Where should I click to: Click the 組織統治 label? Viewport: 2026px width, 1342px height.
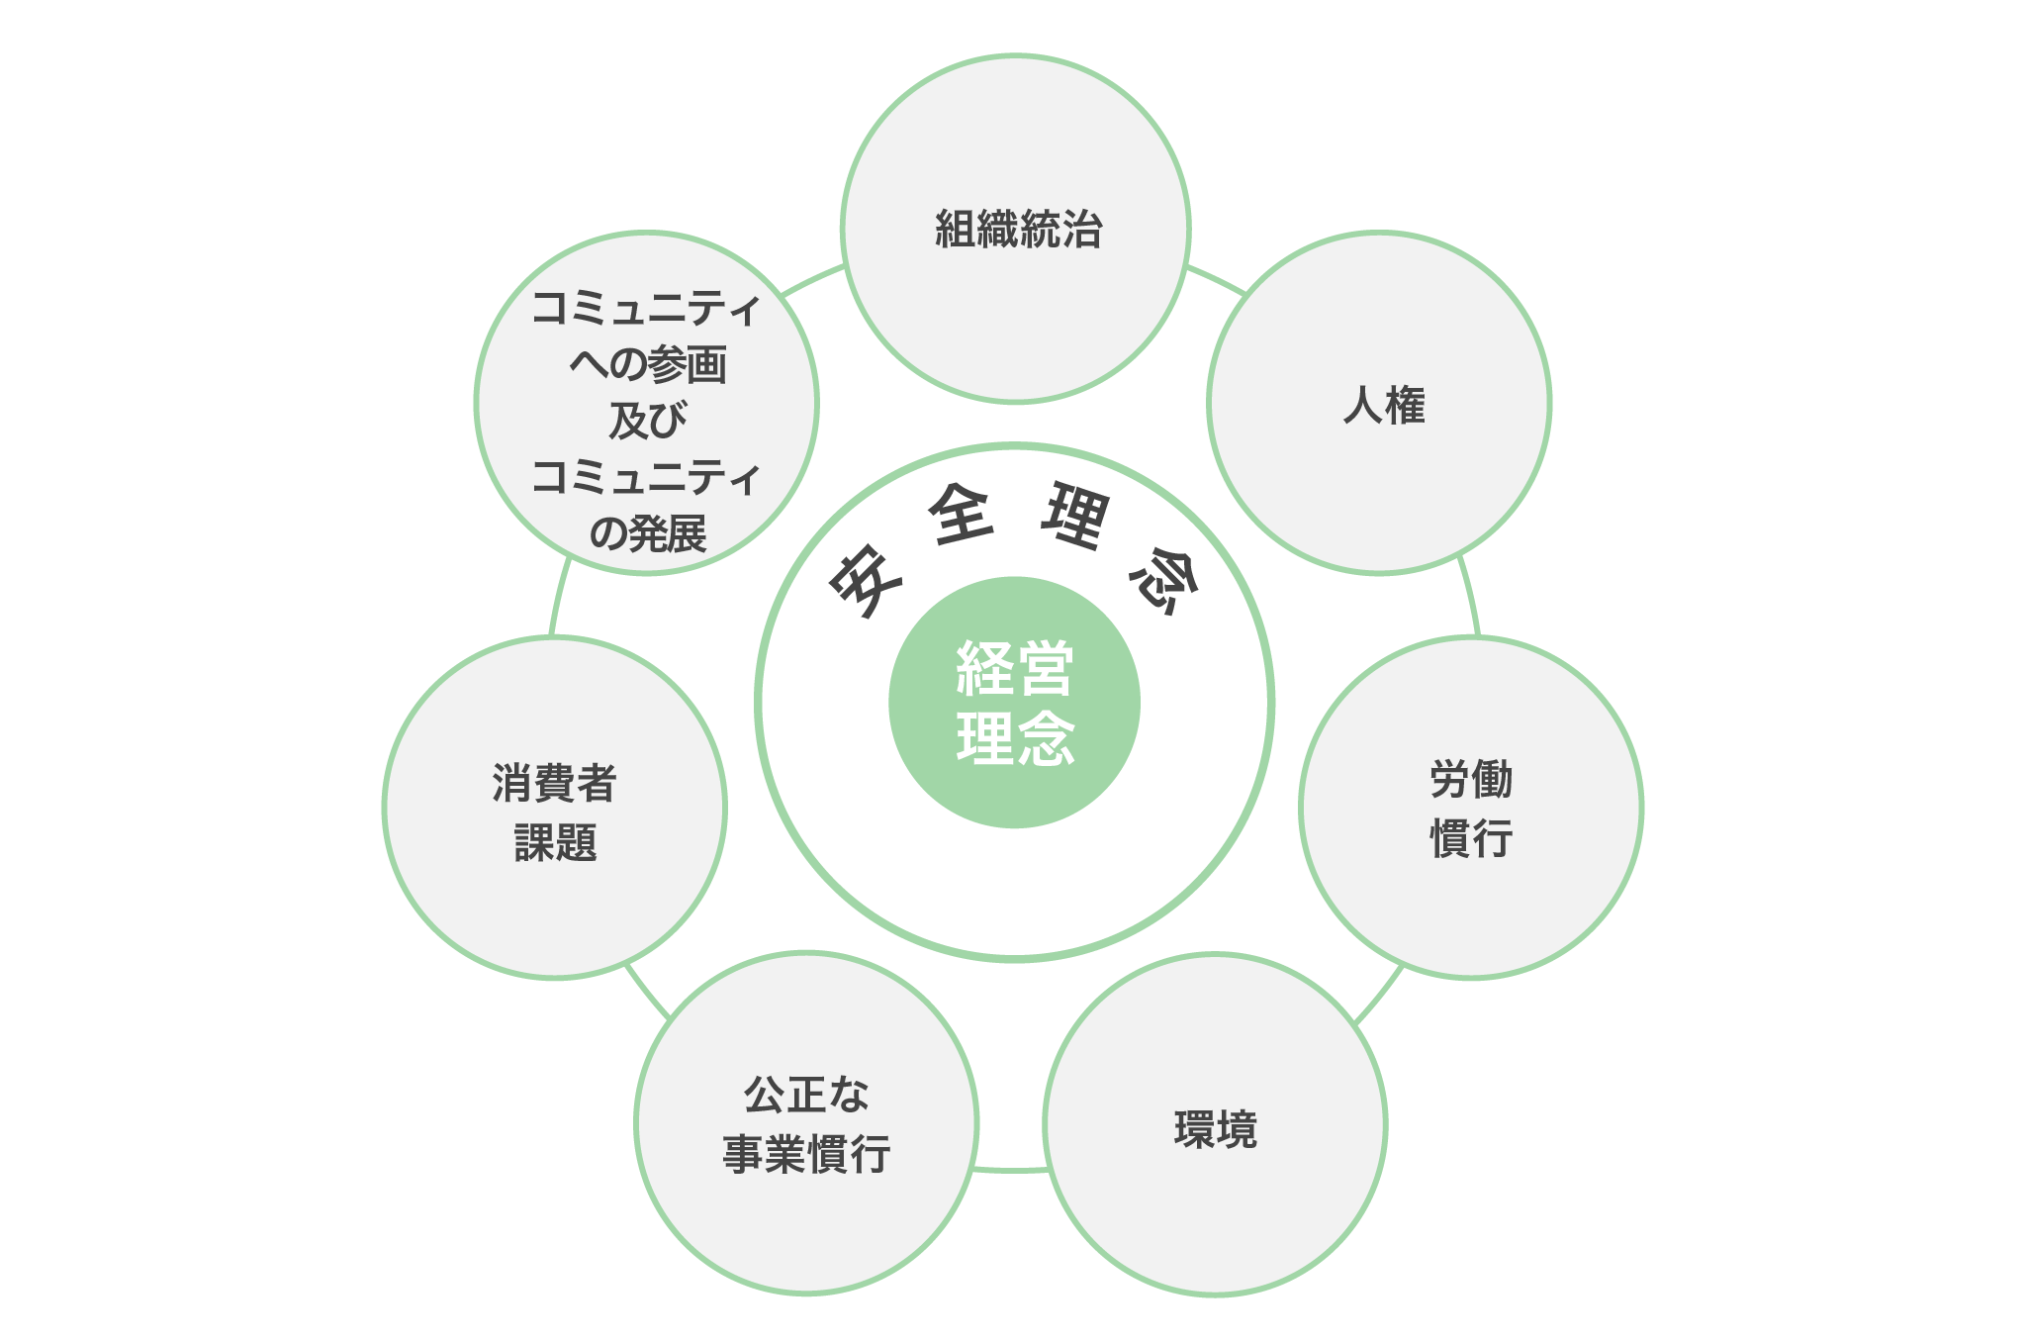tap(1018, 229)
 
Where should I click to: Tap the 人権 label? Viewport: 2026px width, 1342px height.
tap(1384, 406)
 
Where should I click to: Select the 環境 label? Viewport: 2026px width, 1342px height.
tap(1216, 1129)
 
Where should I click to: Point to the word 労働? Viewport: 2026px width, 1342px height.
tap(1471, 780)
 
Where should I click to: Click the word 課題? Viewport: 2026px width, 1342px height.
tap(555, 842)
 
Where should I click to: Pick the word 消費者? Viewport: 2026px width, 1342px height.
tap(554, 783)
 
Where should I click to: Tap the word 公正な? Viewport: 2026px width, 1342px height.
tap(806, 1095)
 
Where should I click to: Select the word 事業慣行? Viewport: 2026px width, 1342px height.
tap(806, 1154)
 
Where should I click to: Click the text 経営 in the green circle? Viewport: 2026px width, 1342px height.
tap(1015, 669)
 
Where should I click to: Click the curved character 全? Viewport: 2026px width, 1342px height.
tap(962, 514)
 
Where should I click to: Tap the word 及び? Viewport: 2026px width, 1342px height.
tap(647, 421)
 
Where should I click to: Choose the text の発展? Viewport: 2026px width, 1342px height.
tap(647, 533)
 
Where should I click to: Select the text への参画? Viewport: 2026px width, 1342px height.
tap(647, 364)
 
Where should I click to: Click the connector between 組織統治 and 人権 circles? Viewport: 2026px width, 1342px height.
tap(1216, 279)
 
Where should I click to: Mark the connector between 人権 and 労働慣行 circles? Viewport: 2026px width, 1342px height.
tap(1470, 596)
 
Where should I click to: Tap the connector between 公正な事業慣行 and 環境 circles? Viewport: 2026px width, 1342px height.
tap(1010, 1170)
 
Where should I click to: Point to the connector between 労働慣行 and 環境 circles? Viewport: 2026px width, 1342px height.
tap(1378, 994)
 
